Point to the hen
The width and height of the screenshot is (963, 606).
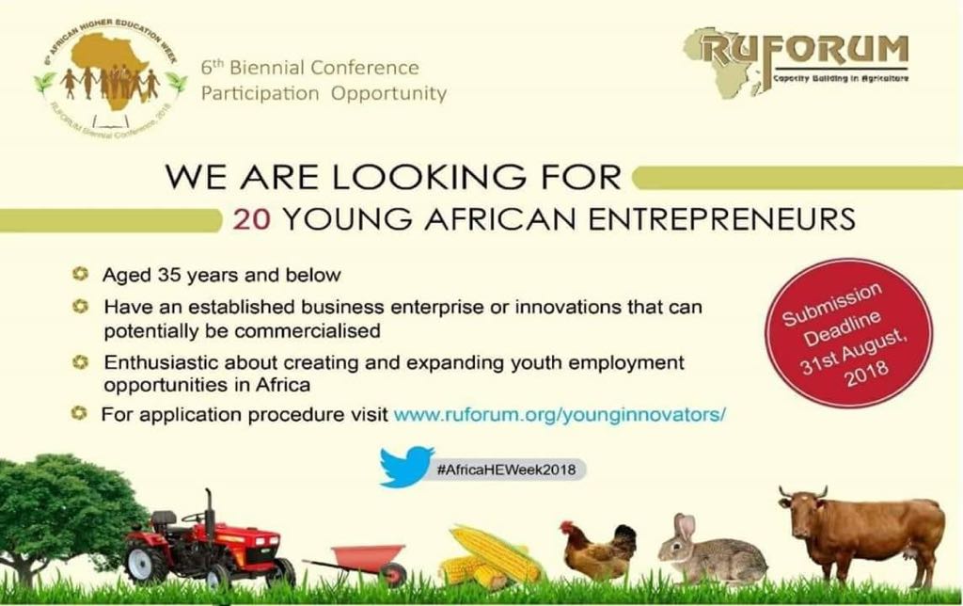pyautogui.click(x=597, y=552)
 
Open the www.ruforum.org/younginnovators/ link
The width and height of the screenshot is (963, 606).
pyautogui.click(x=560, y=414)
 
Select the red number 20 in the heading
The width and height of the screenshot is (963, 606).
pyautogui.click(x=251, y=220)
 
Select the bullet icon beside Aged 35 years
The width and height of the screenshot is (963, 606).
pyautogui.click(x=82, y=276)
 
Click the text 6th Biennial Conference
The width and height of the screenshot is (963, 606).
pyautogui.click(x=309, y=69)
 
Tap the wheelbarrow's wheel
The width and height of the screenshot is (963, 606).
pyautogui.click(x=392, y=573)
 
